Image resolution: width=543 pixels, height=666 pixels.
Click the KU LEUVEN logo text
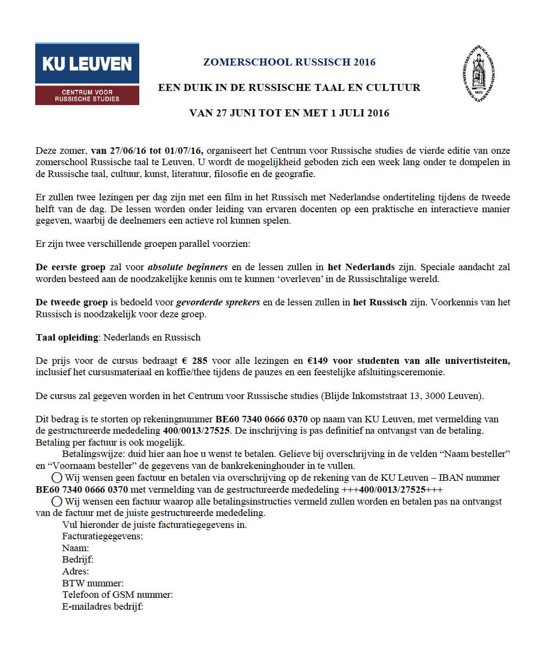pos(87,64)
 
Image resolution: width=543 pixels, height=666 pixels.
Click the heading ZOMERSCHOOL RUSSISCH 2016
pos(289,62)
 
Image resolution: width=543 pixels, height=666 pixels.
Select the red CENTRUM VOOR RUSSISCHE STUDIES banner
pos(87,95)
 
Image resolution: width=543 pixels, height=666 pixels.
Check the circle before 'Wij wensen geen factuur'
pos(56,478)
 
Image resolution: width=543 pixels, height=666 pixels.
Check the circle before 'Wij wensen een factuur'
pos(56,501)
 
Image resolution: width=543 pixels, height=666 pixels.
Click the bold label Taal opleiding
pos(67,337)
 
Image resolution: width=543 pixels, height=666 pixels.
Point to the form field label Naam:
pos(75,548)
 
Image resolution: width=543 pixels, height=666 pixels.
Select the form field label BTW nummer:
pos(93,583)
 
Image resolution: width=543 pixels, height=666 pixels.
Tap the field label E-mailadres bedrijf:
pos(102,606)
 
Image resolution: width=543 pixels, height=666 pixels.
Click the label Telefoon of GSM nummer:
pos(118,595)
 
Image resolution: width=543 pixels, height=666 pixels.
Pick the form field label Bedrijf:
pos(78,559)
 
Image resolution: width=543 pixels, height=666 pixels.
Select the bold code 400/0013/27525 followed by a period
pos(196,430)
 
